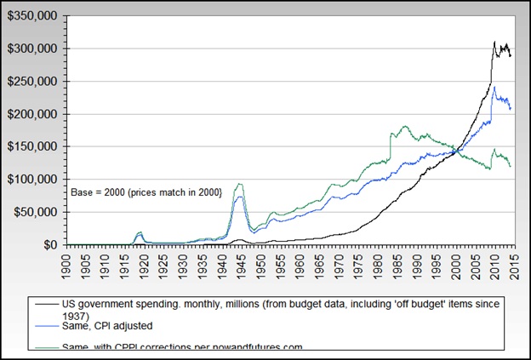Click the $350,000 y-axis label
[31, 16]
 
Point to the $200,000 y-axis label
[31, 114]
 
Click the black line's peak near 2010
[494, 41]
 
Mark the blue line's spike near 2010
[494, 86]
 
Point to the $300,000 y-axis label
[31, 49]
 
